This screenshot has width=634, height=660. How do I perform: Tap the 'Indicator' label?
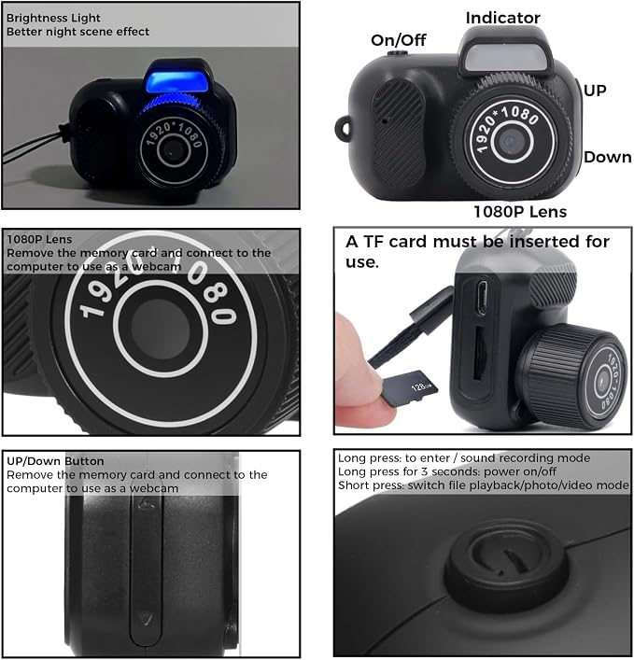pyautogui.click(x=502, y=18)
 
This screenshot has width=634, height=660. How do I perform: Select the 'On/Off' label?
pyautogui.click(x=399, y=40)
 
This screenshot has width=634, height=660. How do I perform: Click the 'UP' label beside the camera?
pyautogui.click(x=595, y=91)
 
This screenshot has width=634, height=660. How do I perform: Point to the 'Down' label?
pyautogui.click(x=608, y=158)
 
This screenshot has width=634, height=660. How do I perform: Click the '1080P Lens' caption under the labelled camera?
pyautogui.click(x=520, y=212)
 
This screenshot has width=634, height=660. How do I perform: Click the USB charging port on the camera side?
pyautogui.click(x=482, y=297)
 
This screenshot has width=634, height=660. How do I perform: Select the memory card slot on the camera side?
pyautogui.click(x=480, y=354)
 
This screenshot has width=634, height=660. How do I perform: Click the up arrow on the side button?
pyautogui.click(x=147, y=503)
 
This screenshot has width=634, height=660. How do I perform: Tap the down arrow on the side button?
pyautogui.click(x=147, y=618)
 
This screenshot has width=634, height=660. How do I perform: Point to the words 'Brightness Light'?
pyautogui.click(x=53, y=18)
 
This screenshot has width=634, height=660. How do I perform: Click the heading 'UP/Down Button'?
pyautogui.click(x=55, y=461)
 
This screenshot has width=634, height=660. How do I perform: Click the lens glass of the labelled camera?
pyautogui.click(x=512, y=142)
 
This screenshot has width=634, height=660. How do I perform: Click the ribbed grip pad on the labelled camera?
pyautogui.click(x=399, y=133)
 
